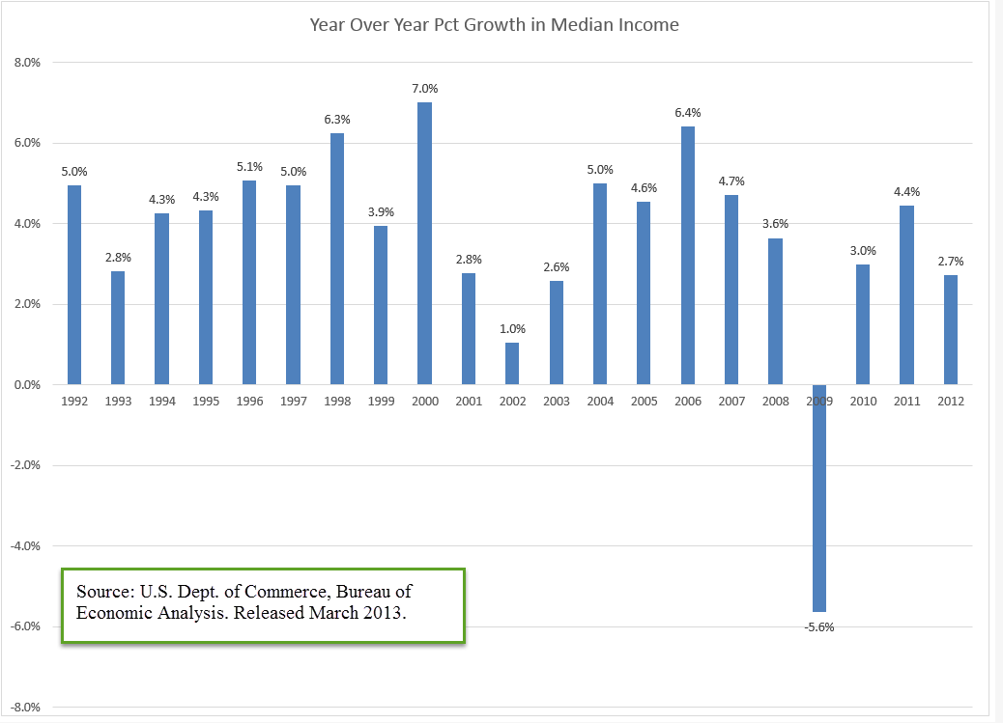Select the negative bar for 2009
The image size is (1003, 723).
[819, 498]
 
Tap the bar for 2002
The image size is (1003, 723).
[512, 363]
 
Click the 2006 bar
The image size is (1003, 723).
[688, 255]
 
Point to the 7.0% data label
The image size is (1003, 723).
[424, 89]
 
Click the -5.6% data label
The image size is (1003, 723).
[819, 626]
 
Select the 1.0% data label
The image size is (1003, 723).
[512, 329]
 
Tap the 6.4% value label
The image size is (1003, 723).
[688, 113]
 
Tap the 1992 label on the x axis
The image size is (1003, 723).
[73, 400]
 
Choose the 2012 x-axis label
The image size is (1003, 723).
[951, 400]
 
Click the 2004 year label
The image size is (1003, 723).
[600, 400]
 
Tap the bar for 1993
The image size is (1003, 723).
[118, 328]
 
